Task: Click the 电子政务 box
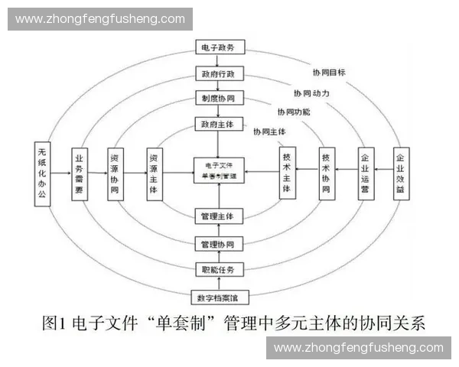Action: [219, 48]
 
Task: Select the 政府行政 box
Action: [219, 75]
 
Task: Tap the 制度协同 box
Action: [219, 99]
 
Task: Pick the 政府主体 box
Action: [219, 123]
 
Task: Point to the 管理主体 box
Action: [219, 216]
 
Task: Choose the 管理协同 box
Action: [219, 244]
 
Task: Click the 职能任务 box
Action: [219, 269]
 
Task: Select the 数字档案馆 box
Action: [219, 297]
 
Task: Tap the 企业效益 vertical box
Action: [399, 171]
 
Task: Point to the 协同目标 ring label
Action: [328, 73]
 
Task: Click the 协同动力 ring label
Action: [311, 93]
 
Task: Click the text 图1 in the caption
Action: [54, 323]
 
